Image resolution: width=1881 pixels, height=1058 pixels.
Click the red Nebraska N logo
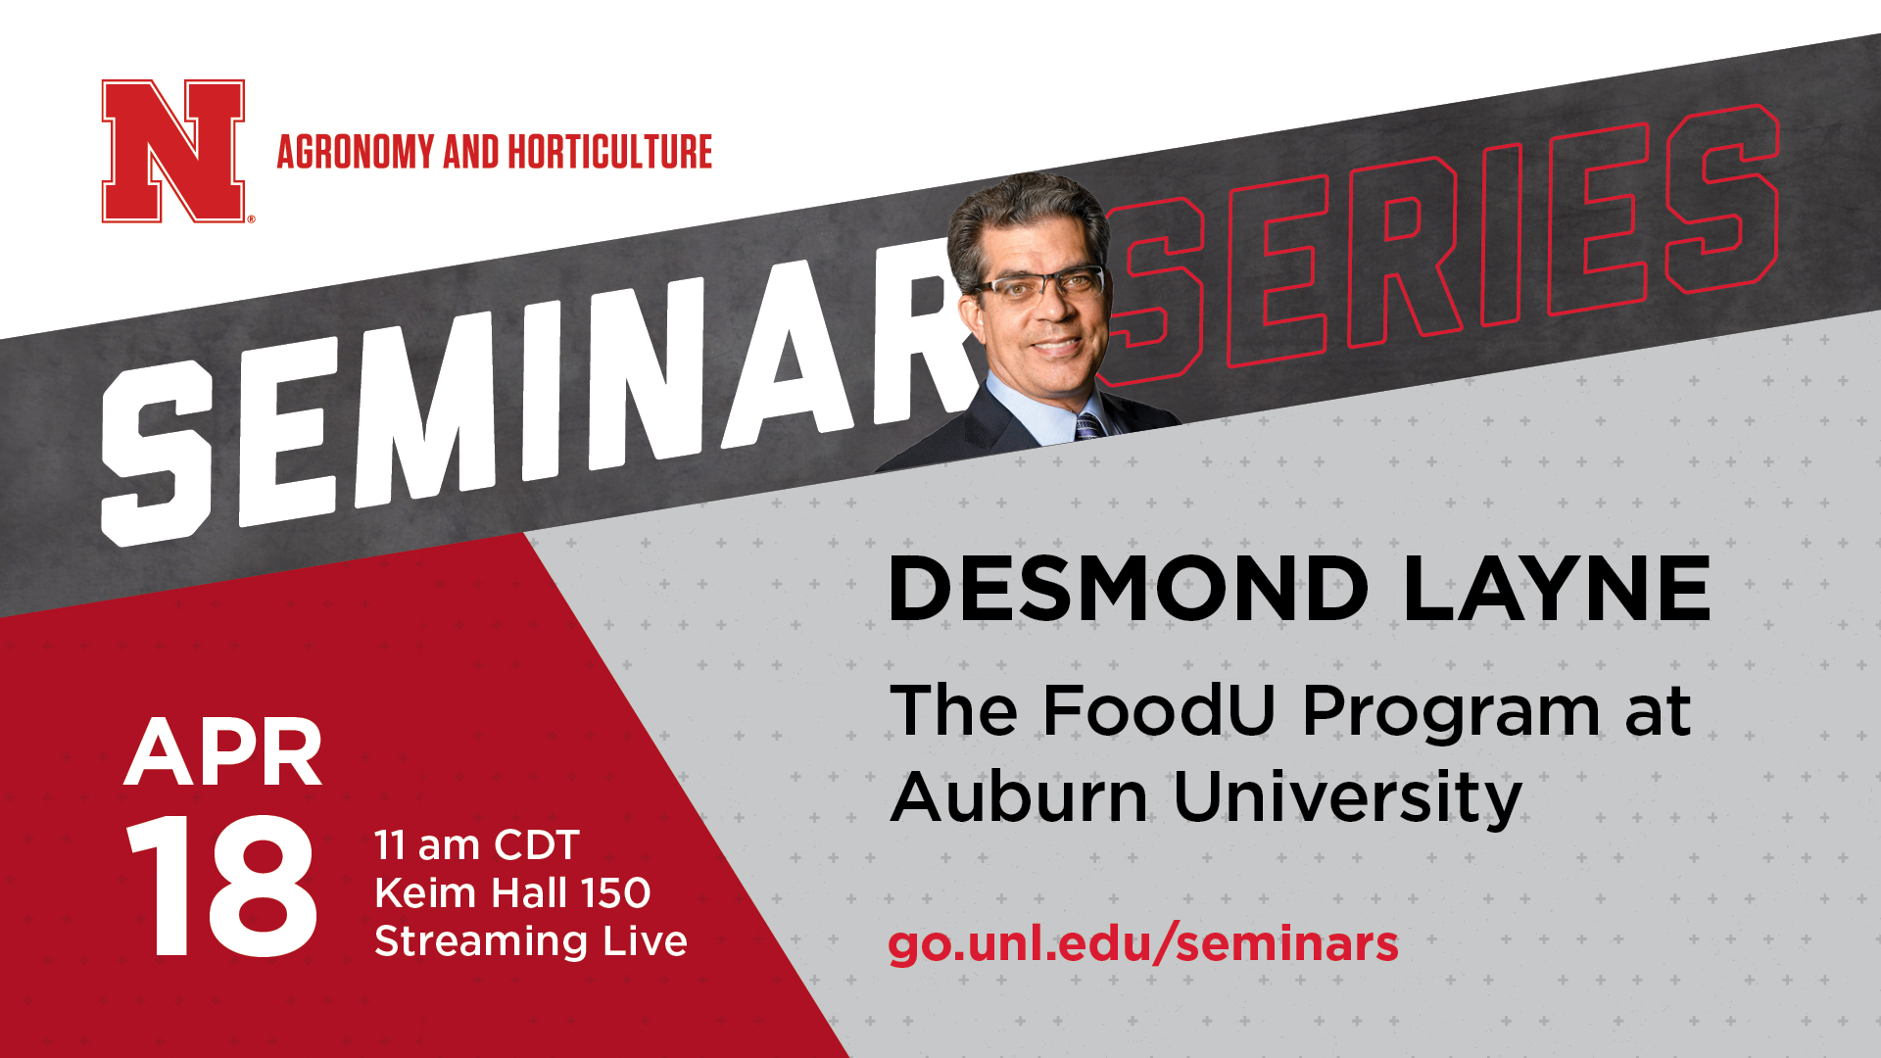point(173,151)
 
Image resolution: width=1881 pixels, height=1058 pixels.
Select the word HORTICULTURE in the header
point(609,152)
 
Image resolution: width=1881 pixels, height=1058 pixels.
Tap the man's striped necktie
point(1088,426)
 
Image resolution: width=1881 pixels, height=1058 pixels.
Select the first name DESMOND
point(1128,589)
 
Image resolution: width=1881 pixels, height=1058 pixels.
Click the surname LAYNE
point(1558,589)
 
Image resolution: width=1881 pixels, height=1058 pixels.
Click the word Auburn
point(1019,795)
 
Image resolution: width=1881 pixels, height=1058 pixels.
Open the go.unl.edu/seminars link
point(1143,944)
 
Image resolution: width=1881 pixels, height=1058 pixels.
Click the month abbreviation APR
point(223,752)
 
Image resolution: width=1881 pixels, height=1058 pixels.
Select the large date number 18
point(221,886)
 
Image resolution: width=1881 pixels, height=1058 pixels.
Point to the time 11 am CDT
point(477,844)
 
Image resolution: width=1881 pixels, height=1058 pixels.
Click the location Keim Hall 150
point(512,892)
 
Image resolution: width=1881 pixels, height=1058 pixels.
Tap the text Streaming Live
point(531,940)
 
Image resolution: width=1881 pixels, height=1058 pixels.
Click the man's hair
point(1024,211)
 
